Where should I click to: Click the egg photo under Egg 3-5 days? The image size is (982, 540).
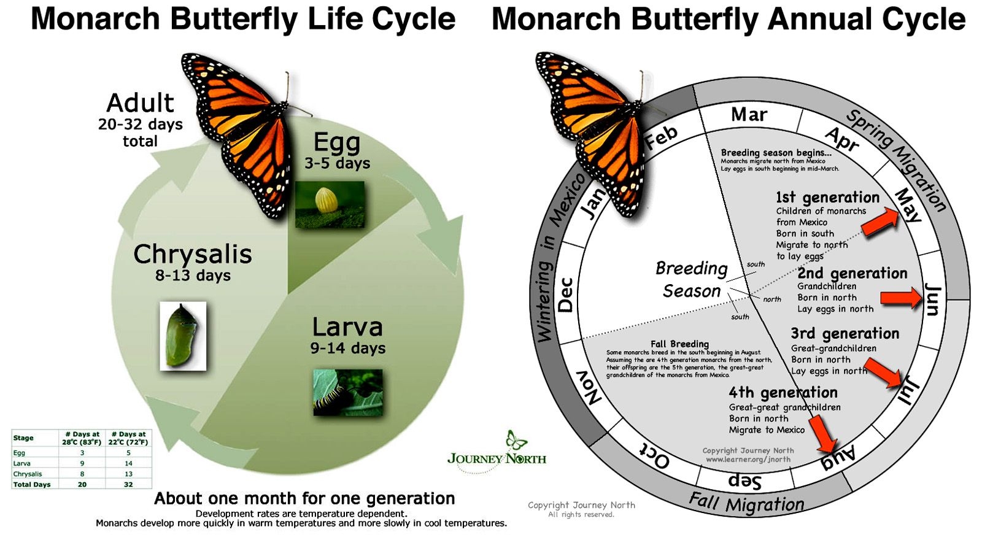pyautogui.click(x=330, y=204)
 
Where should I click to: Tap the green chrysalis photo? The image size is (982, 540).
pyautogui.click(x=183, y=336)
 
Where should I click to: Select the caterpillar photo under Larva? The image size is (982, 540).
pyautogui.click(x=347, y=392)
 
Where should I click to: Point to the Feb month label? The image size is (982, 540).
pyautogui.click(x=661, y=137)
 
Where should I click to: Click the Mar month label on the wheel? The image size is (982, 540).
pyautogui.click(x=749, y=115)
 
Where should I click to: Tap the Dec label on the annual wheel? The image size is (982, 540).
pyautogui.click(x=565, y=295)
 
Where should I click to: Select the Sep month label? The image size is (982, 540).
pyautogui.click(x=744, y=480)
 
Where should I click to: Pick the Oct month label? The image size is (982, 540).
pyautogui.click(x=654, y=457)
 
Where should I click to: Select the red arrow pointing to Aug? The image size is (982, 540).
pyautogui.click(x=823, y=434)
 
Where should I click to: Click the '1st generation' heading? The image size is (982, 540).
pyautogui.click(x=827, y=198)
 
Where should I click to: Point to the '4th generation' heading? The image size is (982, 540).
pyautogui.click(x=783, y=392)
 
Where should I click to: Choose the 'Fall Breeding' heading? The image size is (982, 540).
pyautogui.click(x=679, y=344)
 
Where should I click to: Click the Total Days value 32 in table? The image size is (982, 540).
pyautogui.click(x=128, y=484)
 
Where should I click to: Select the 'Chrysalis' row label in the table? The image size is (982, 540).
pyautogui.click(x=28, y=474)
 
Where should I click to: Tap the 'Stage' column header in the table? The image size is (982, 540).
pyautogui.click(x=23, y=438)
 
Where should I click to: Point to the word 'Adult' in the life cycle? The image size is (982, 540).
pyautogui.click(x=141, y=102)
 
